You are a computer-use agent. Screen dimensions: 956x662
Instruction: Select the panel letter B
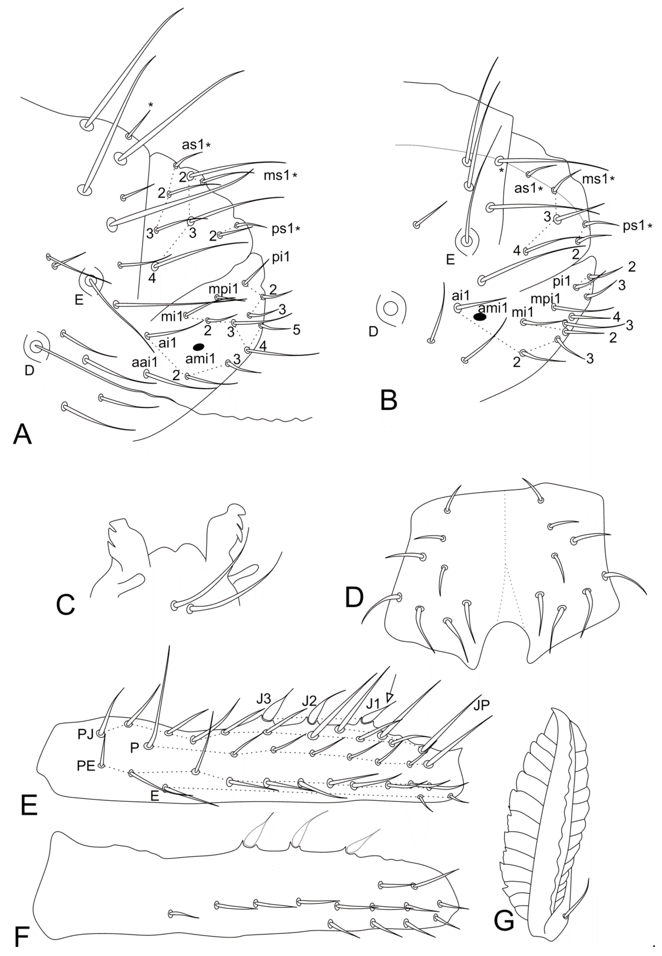[x=389, y=401]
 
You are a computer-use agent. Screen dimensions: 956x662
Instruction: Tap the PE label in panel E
[x=86, y=766]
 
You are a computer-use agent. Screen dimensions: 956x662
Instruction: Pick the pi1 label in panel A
[x=281, y=258]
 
